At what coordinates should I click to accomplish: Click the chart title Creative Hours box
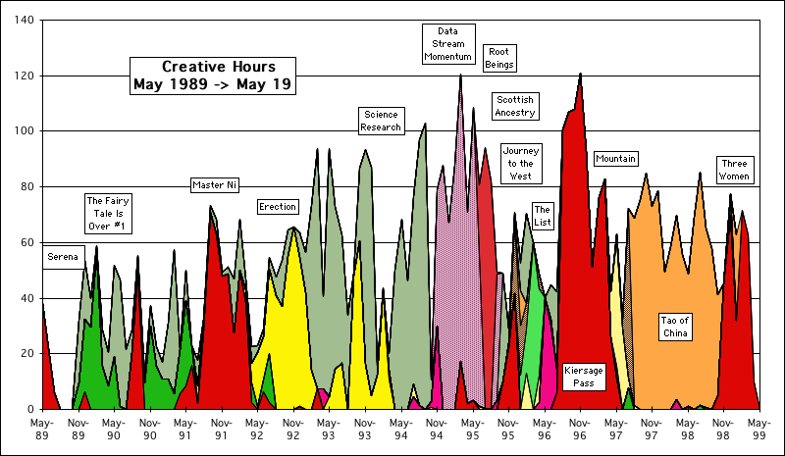[x=213, y=76]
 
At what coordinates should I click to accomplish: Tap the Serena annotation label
[x=62, y=257]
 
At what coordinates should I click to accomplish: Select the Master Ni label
[x=215, y=184]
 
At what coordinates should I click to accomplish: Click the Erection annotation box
[x=278, y=207]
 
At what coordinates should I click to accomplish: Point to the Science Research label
[x=381, y=121]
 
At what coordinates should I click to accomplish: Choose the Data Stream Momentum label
[x=449, y=44]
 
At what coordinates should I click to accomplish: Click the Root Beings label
[x=499, y=58]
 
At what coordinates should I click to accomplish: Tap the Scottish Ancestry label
[x=515, y=106]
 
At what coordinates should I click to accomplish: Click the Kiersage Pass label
[x=584, y=377]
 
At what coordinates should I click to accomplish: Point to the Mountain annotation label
[x=616, y=159]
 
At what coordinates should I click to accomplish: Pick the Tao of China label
[x=677, y=328]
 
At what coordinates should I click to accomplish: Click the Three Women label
[x=734, y=170]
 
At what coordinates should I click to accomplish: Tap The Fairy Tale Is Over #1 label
[x=108, y=214]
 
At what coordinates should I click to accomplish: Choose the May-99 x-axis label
[x=758, y=428]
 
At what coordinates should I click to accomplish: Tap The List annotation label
[x=543, y=216]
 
